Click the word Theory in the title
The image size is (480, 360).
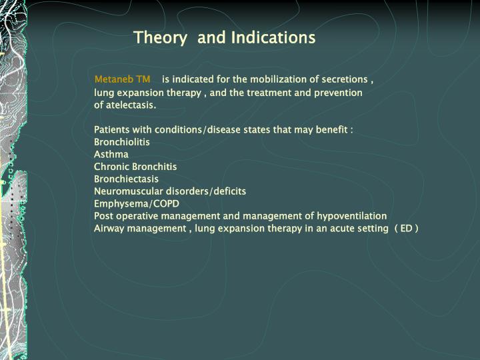160,38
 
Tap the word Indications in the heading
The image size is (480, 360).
273,37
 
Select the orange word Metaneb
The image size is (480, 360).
114,79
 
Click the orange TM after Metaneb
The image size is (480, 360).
143,79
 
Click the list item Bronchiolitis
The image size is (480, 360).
122,142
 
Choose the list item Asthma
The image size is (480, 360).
111,154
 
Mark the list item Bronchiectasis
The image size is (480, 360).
126,179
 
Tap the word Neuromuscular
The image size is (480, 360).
129,191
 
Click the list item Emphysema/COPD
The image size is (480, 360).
137,203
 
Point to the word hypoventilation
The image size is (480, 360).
351,216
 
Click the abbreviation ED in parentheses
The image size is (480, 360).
406,229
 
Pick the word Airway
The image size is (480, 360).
109,229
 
